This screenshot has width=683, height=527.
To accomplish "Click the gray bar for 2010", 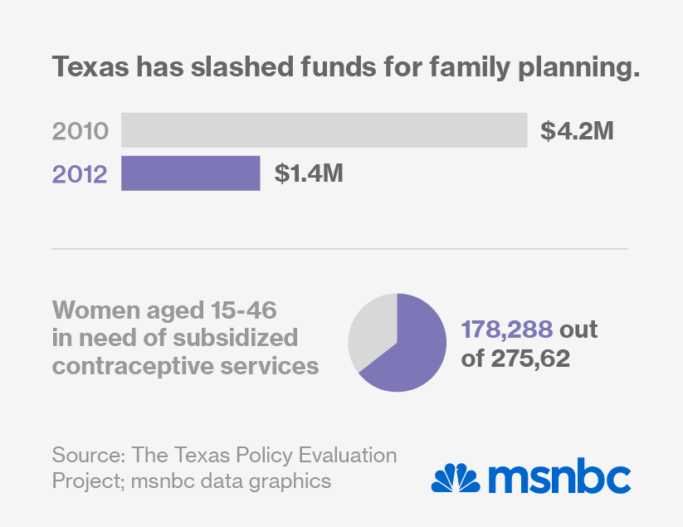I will [324, 130].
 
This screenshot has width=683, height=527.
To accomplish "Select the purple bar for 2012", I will [191, 173].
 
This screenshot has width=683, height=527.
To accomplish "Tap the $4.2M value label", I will [577, 130].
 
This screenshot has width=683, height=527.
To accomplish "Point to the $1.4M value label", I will [309, 173].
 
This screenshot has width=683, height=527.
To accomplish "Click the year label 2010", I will [80, 131].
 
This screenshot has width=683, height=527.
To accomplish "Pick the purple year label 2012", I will [80, 174].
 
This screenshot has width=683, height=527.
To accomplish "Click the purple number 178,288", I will [506, 330].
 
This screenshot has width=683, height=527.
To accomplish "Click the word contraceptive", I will [138, 365].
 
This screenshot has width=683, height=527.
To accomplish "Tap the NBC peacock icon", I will [455, 478].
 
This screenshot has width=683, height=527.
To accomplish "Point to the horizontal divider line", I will [340, 248].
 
